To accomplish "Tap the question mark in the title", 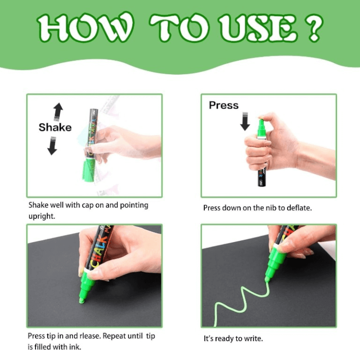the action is [x=314, y=27].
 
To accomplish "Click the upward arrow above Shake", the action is [x=58, y=112].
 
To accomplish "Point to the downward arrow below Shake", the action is [x=52, y=146].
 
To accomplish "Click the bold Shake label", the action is [x=55, y=127].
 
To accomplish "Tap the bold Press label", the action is [x=224, y=105].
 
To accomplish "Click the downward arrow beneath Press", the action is [x=245, y=121].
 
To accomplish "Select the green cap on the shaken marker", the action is [x=89, y=170].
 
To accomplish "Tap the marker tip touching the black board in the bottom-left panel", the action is [x=81, y=300].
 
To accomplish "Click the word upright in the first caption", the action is [x=41, y=216].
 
